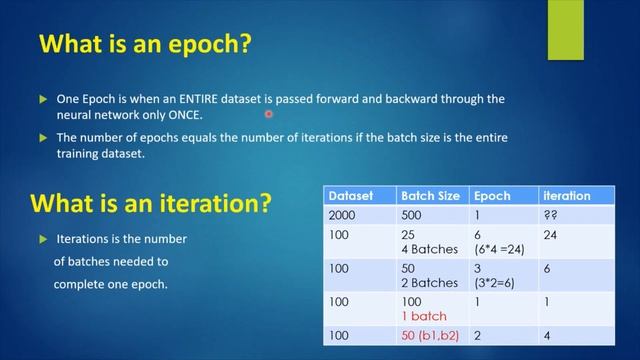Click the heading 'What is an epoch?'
[144, 46]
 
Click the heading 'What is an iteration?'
[151, 203]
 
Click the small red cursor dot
[269, 115]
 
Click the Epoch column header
[492, 196]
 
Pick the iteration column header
[566, 196]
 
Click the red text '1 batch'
[423, 316]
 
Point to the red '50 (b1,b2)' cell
[429, 337]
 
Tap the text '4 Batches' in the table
[427, 248]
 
